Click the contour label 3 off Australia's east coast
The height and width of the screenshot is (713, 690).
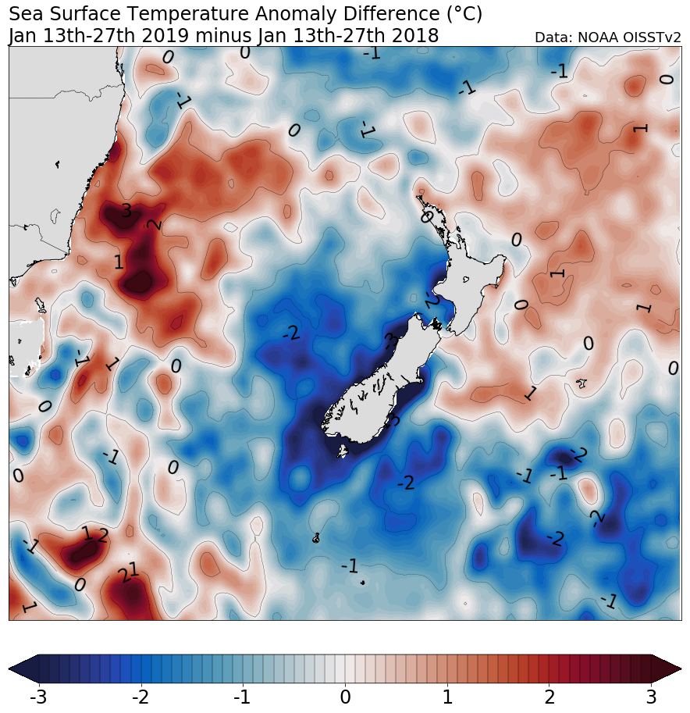(x=126, y=211)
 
